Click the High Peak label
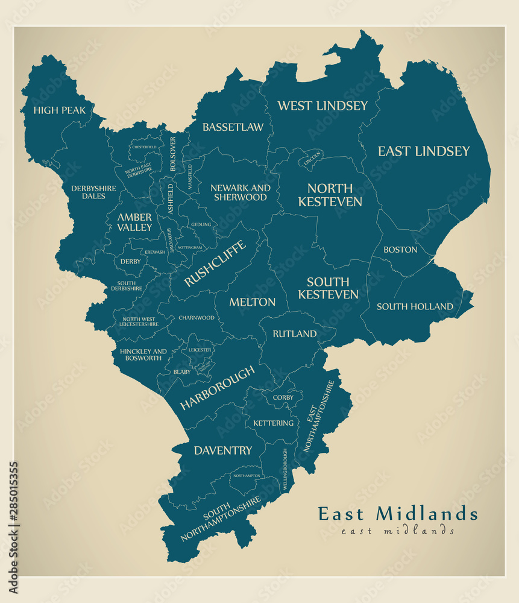(x=60, y=110)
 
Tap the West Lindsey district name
(x=322, y=106)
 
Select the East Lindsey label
(x=423, y=151)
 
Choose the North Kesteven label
(x=330, y=195)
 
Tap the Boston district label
(x=400, y=250)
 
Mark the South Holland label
(x=415, y=307)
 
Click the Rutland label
(x=294, y=334)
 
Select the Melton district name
(x=252, y=302)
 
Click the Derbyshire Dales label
(x=93, y=192)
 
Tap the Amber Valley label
(x=134, y=223)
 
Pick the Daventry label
(x=222, y=450)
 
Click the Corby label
(x=283, y=397)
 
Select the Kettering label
(x=273, y=423)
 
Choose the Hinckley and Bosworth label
(x=143, y=355)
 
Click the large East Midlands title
(x=398, y=514)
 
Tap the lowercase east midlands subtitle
(x=397, y=531)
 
